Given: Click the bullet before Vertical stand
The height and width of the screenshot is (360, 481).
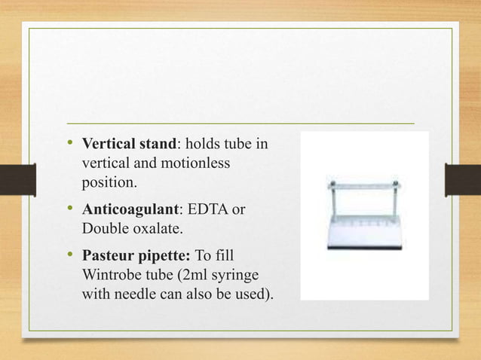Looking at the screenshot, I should pyautogui.click(x=69, y=144).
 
